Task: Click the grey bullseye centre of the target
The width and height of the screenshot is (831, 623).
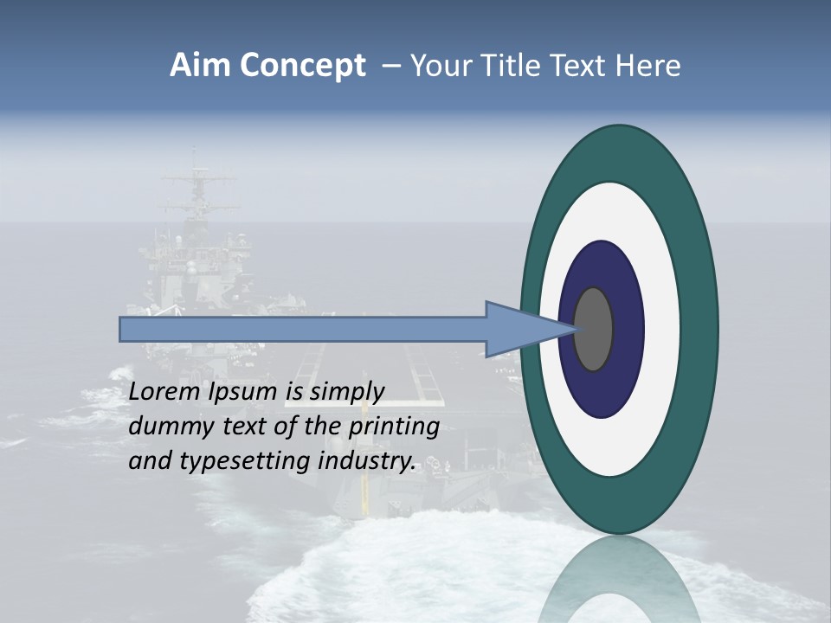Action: click(x=594, y=329)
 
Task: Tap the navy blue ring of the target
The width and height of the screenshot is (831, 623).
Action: click(x=623, y=286)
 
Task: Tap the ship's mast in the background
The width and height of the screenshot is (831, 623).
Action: click(x=196, y=186)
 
